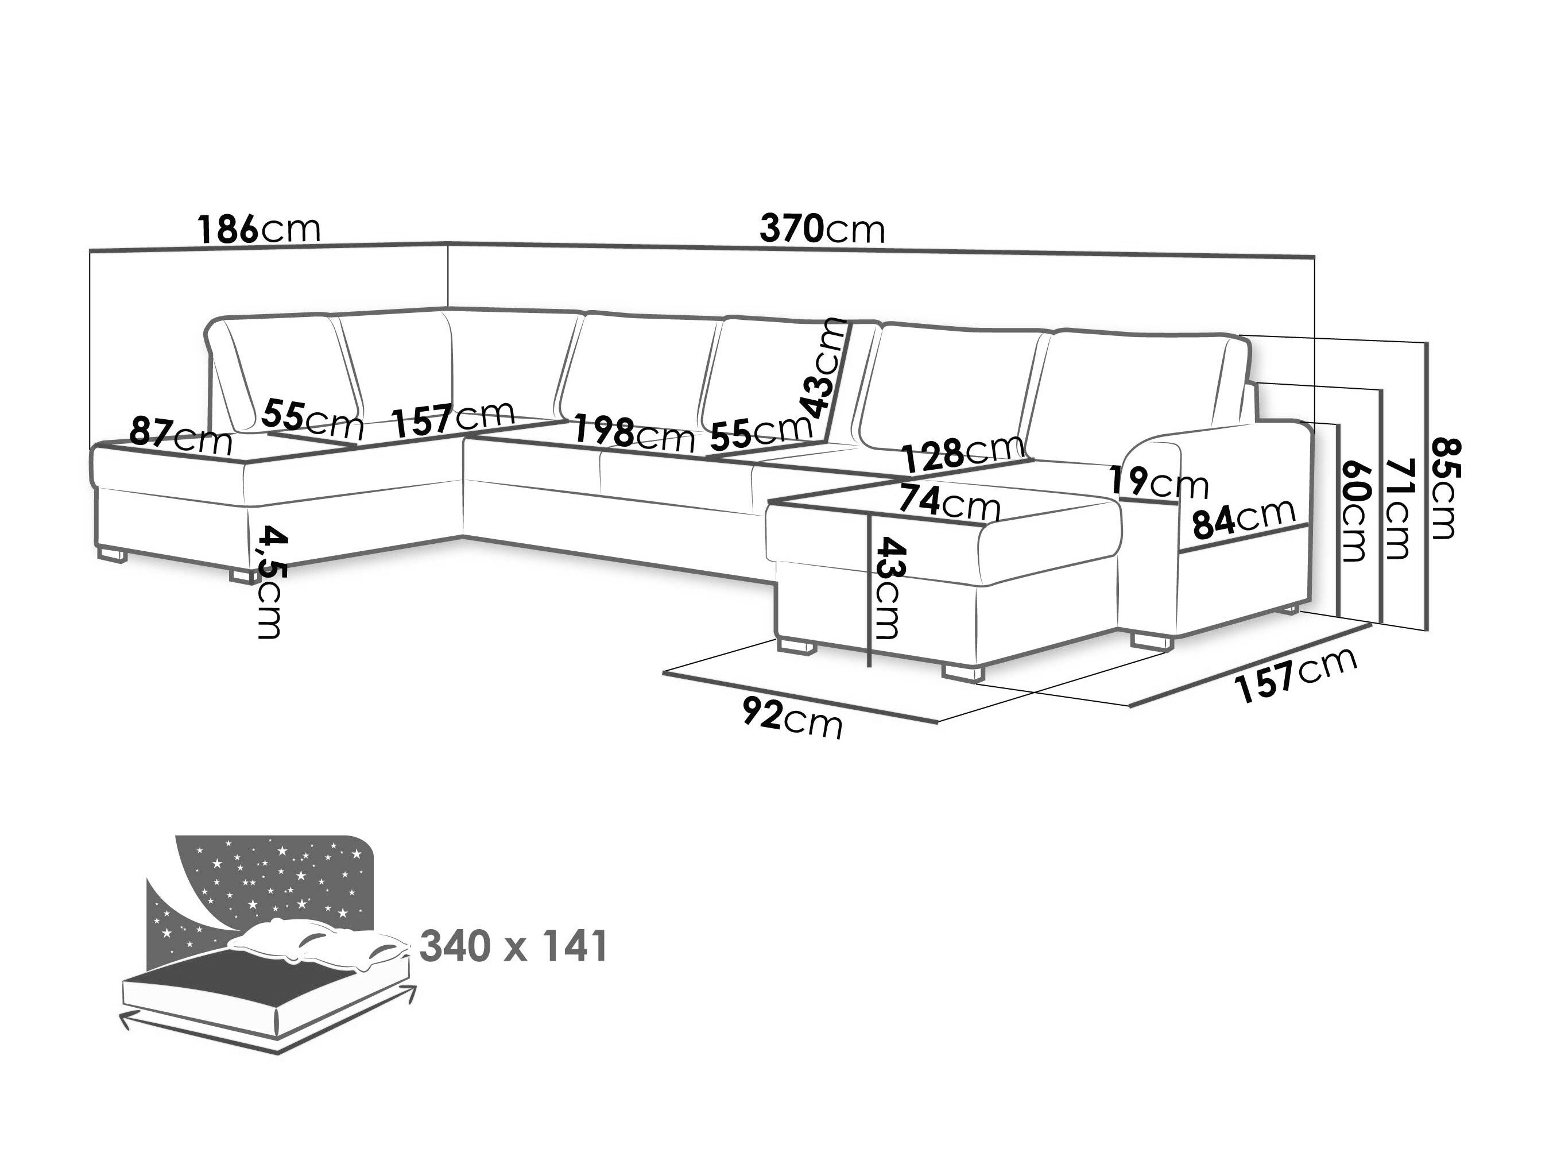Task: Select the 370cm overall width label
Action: tap(822, 229)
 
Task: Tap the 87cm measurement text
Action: tap(181, 436)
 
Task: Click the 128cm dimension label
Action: tap(963, 454)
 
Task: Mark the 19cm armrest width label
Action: tap(1158, 483)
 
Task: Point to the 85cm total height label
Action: tap(1445, 488)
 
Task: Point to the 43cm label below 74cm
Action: tap(886, 588)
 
